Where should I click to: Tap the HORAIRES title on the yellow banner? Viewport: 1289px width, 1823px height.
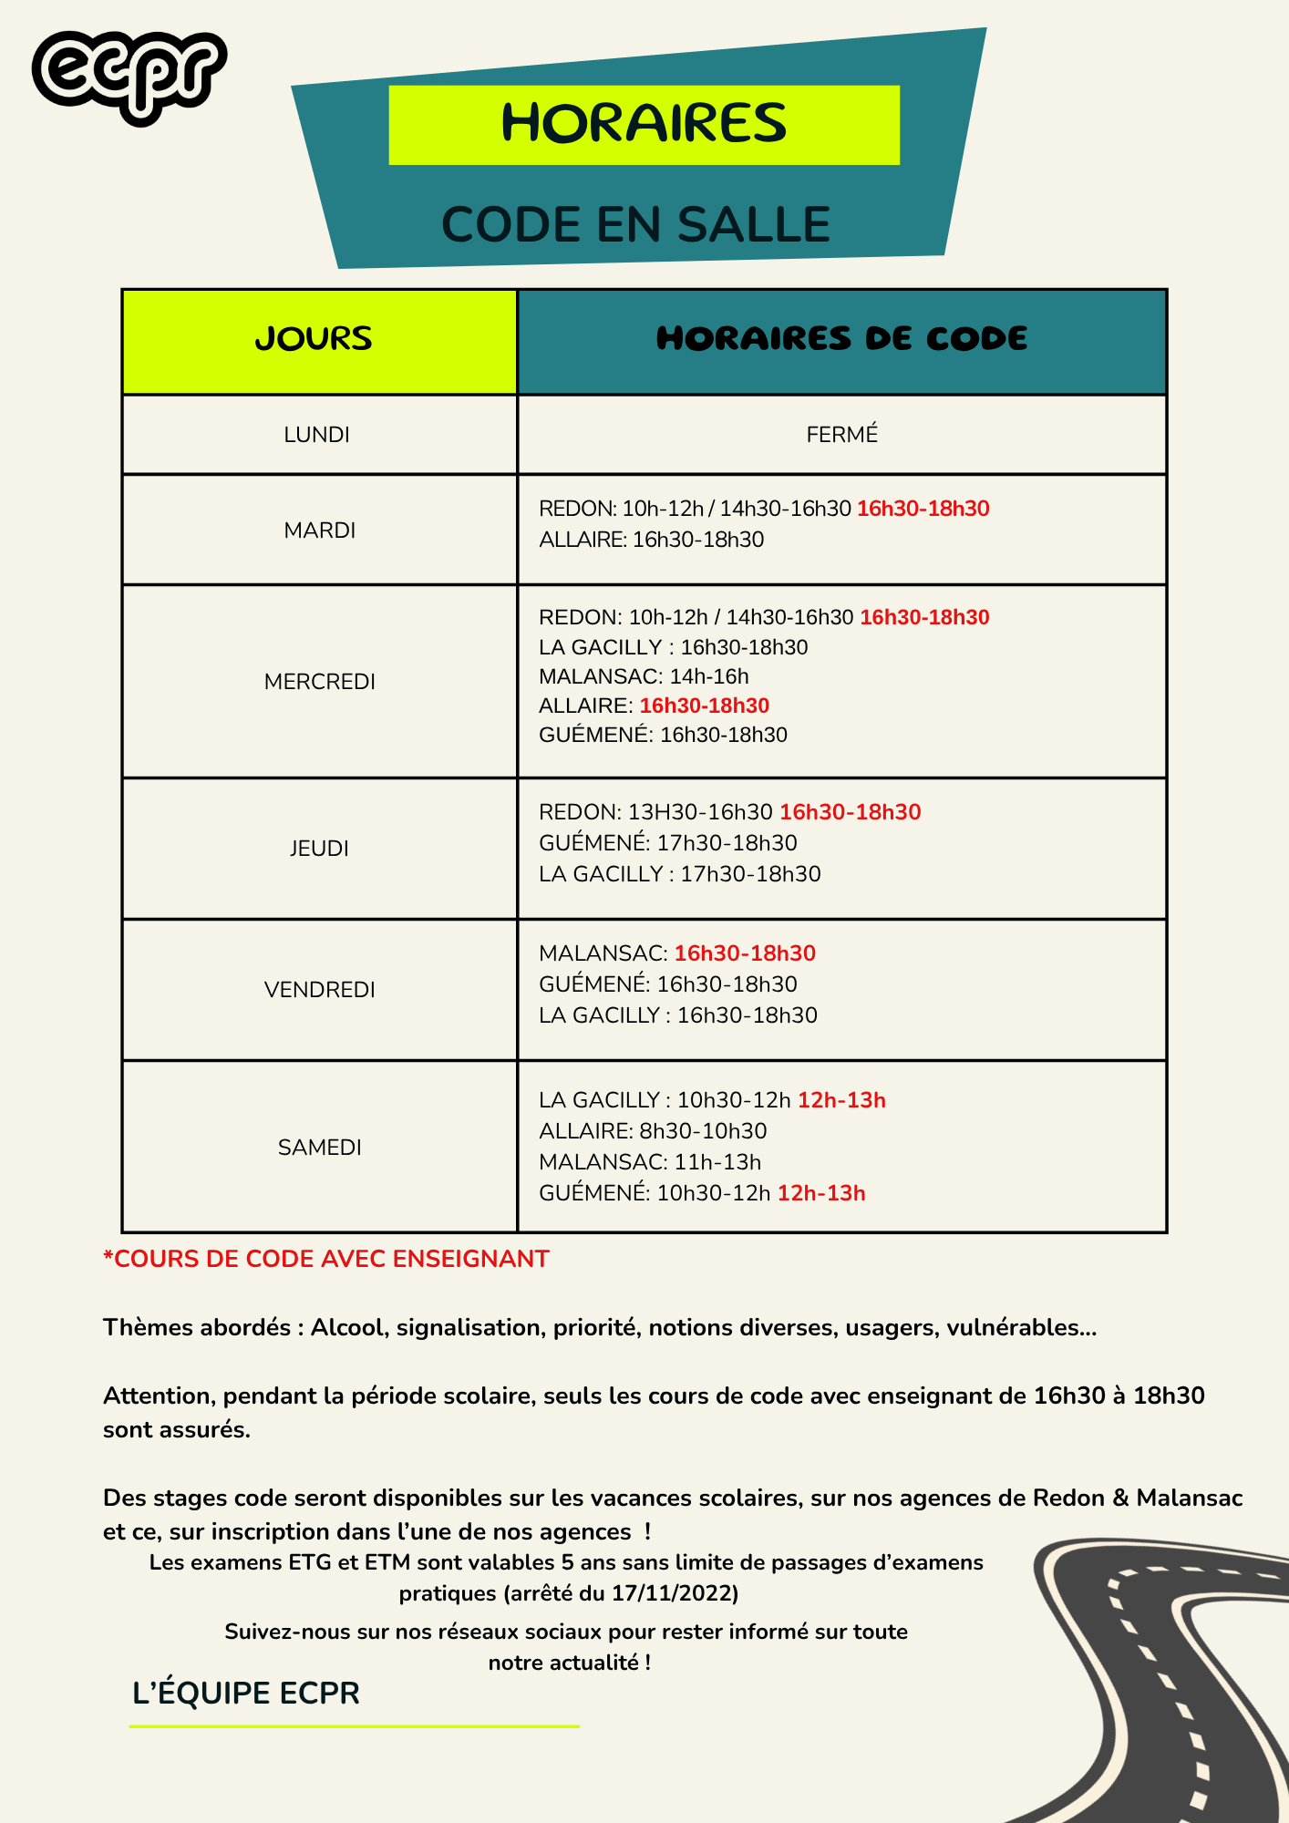tap(644, 124)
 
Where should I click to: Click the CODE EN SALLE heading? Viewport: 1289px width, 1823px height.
tap(635, 225)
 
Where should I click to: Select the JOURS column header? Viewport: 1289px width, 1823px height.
tap(314, 339)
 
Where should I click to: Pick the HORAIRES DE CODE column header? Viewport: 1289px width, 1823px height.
tap(841, 339)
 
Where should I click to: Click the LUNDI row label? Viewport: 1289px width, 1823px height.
tap(316, 435)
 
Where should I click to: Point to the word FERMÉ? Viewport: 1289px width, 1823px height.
tap(841, 435)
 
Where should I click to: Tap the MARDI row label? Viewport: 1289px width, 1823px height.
tap(319, 530)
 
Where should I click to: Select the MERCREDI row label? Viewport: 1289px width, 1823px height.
tap(319, 682)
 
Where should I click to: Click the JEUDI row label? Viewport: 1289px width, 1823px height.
tap(319, 849)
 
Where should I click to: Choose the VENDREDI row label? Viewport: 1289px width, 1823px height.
tap(319, 990)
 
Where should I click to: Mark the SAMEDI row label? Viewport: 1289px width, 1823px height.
tap(319, 1148)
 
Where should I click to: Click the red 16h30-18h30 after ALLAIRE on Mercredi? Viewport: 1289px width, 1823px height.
tap(704, 706)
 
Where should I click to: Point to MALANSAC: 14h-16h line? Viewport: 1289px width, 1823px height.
tap(644, 676)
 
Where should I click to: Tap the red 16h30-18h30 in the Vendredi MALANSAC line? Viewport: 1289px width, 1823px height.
tap(745, 953)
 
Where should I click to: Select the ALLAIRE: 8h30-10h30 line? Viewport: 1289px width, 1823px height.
tap(653, 1131)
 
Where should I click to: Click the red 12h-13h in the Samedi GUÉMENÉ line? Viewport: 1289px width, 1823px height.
tap(820, 1193)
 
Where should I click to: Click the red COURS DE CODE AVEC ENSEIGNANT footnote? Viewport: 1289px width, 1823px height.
tap(326, 1259)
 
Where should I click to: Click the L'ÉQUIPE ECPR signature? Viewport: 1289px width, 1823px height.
tap(246, 1694)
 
